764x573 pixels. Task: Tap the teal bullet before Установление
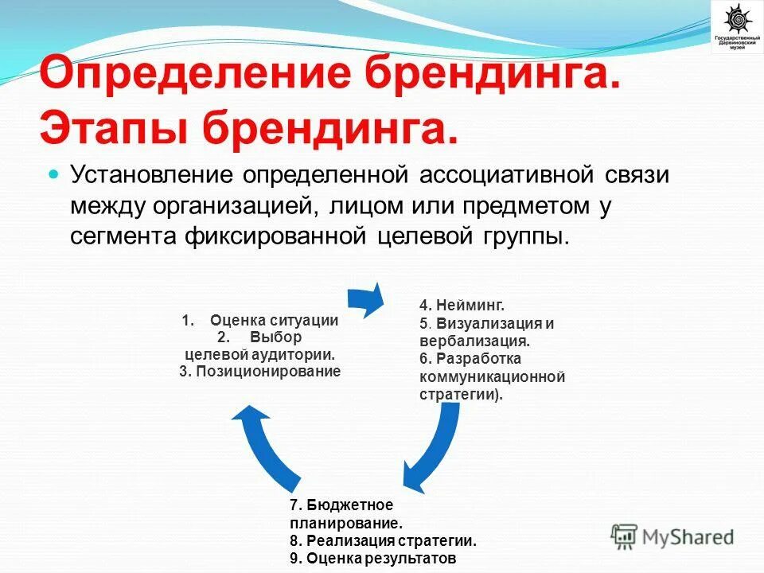click(x=55, y=173)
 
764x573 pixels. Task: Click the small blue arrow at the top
click(x=366, y=299)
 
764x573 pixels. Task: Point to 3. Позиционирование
click(x=259, y=371)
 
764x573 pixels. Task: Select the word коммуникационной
click(x=492, y=376)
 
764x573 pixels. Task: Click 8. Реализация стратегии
click(x=383, y=541)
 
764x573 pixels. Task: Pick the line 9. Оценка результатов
click(x=373, y=558)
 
